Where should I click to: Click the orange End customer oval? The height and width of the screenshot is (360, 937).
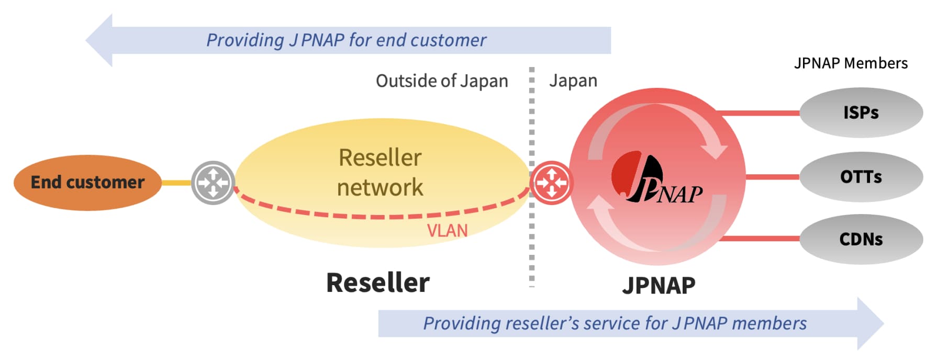[87, 182]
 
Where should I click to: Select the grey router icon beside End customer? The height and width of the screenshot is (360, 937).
[213, 183]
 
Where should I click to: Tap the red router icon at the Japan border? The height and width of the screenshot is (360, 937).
[551, 183]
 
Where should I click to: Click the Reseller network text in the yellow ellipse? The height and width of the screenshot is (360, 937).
[380, 172]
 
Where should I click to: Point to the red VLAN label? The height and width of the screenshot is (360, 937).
[447, 230]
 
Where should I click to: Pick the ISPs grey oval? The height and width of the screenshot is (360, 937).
[861, 113]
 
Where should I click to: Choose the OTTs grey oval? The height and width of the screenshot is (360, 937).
[861, 177]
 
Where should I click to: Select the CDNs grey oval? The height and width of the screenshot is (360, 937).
[861, 239]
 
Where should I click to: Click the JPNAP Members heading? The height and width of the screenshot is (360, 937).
[851, 63]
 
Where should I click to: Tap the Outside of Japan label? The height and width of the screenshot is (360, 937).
[442, 81]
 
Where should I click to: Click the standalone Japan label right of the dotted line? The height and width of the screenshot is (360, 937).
[573, 81]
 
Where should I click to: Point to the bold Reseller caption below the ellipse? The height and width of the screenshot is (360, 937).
[377, 283]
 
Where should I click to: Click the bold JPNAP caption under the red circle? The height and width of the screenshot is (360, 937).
[659, 285]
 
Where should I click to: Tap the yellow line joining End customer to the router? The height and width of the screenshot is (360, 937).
[176, 183]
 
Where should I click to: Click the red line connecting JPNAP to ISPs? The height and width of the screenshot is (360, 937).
[759, 113]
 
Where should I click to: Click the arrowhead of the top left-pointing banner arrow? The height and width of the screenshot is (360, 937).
[101, 40]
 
